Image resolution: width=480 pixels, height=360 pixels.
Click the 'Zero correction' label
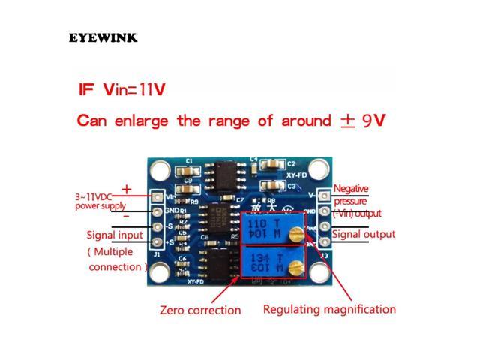[x=200, y=310]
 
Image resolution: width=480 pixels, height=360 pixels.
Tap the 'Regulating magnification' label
[x=328, y=308]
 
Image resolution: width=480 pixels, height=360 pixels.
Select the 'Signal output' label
[x=363, y=234]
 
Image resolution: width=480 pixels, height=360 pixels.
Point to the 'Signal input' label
[x=115, y=235]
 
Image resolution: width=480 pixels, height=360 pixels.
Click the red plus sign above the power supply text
[x=127, y=189]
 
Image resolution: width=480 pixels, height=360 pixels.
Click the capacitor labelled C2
[x=270, y=165]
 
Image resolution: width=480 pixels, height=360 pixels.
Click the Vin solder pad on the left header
[x=158, y=196]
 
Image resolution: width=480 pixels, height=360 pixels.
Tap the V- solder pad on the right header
[x=324, y=196]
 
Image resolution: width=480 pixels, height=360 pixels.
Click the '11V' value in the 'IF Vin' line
[x=149, y=89]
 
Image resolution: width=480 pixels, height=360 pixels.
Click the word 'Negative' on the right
[x=351, y=189]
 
